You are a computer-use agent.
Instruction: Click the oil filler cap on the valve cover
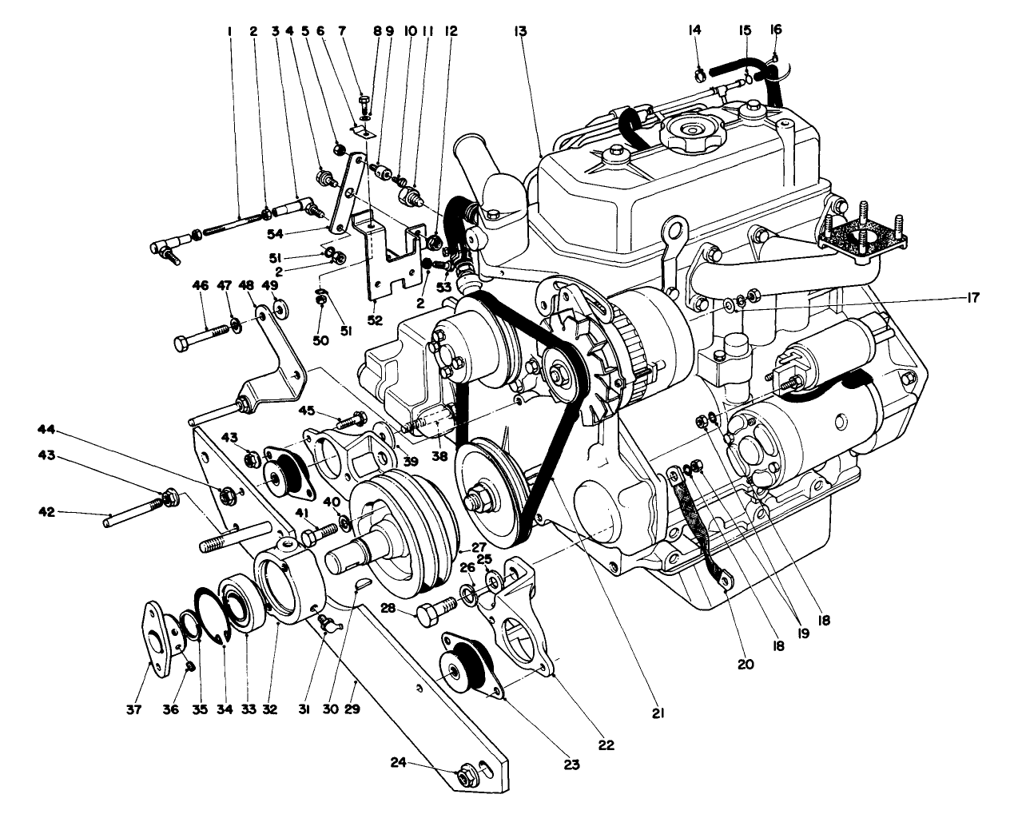[x=690, y=129]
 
